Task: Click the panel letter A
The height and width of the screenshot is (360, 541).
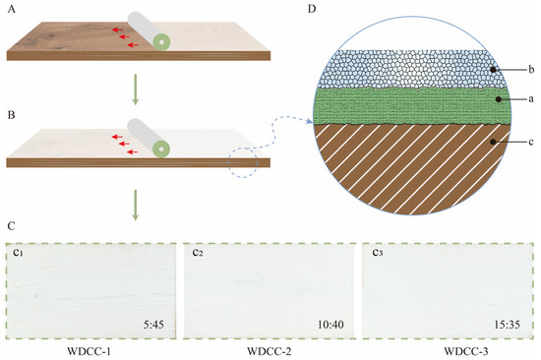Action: (9, 11)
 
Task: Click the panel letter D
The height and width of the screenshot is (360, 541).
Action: (313, 11)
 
